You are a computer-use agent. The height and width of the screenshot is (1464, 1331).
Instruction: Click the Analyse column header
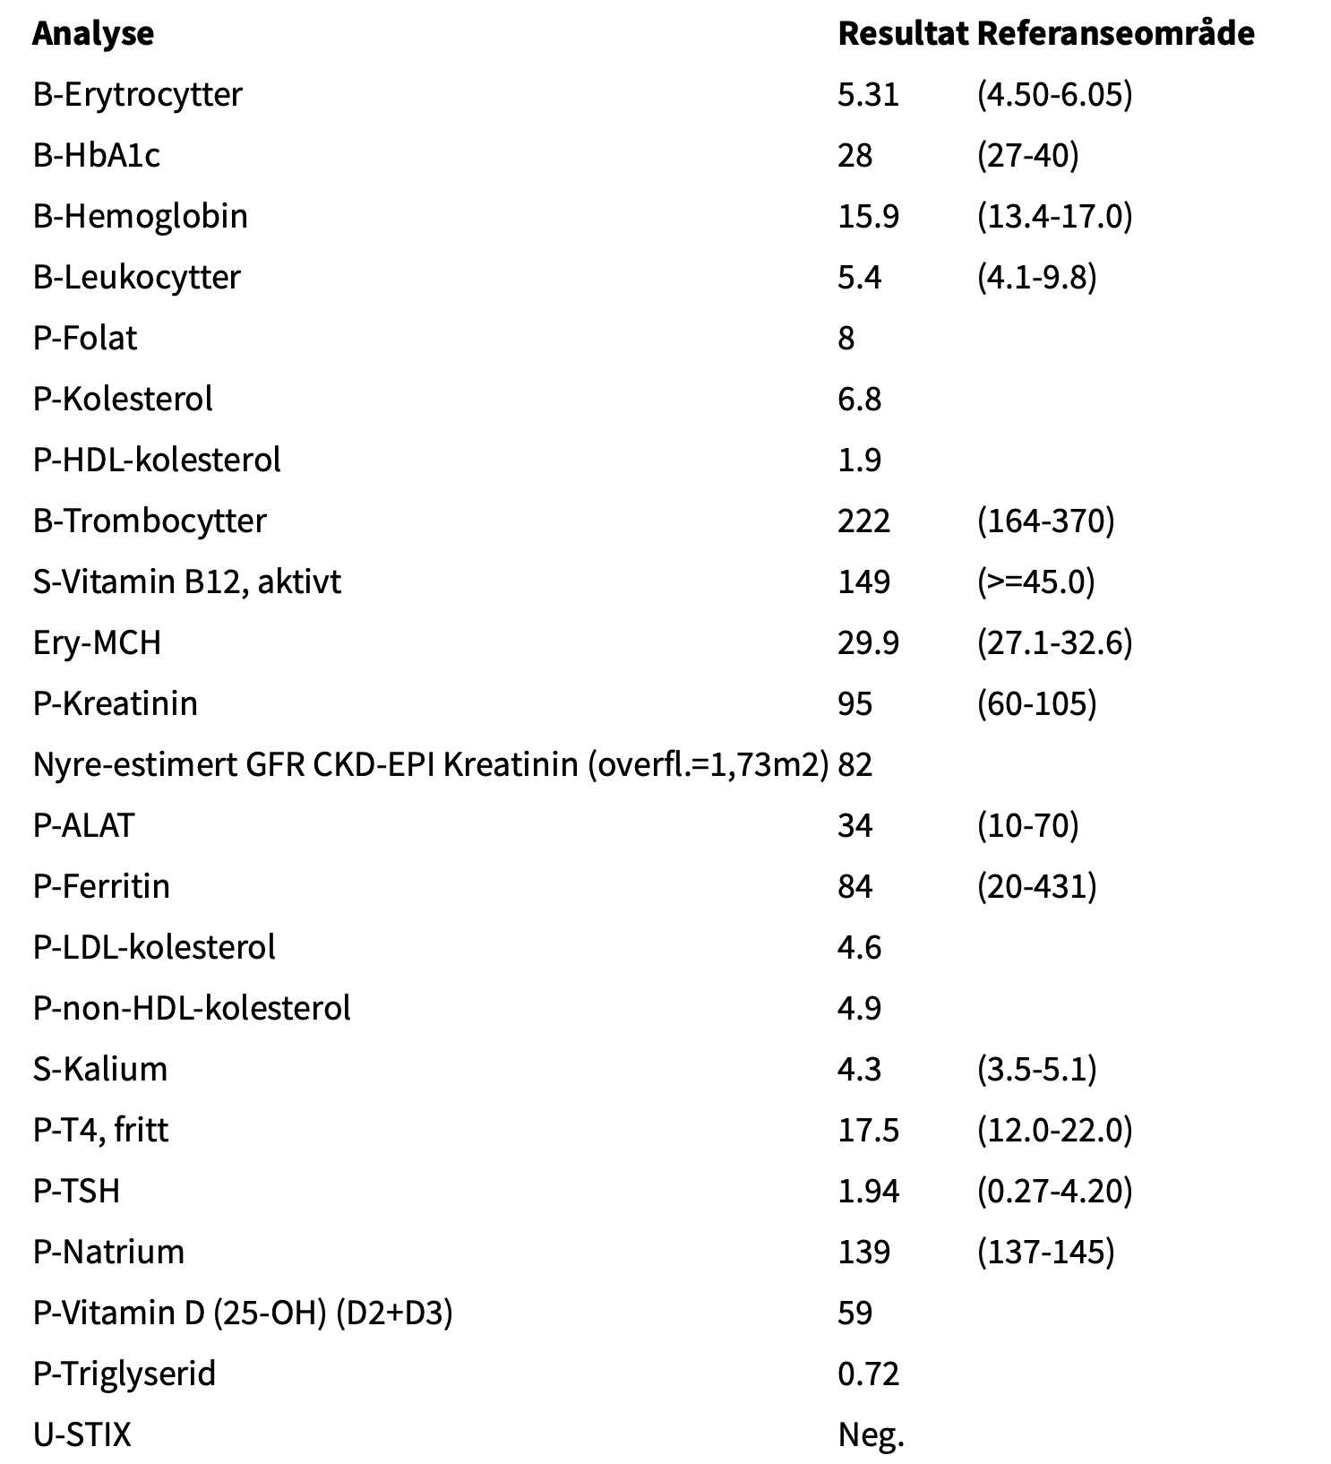(93, 34)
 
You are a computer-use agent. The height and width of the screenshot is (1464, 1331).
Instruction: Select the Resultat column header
(902, 34)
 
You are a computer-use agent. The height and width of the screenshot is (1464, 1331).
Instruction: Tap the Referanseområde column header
(1115, 34)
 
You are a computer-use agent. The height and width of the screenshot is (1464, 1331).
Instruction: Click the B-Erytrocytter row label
(137, 95)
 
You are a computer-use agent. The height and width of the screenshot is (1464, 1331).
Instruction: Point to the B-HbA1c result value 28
(854, 156)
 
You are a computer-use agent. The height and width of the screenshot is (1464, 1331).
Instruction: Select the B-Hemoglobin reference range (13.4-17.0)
(1054, 217)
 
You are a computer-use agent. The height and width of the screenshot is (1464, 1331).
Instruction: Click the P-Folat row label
(85, 339)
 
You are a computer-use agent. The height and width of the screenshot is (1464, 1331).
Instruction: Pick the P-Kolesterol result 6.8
(859, 400)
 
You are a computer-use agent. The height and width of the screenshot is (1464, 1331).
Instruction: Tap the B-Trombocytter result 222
(863, 521)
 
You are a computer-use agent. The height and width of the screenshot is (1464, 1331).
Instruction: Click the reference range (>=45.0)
(1035, 582)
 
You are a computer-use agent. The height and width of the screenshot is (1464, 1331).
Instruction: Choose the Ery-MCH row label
(97, 643)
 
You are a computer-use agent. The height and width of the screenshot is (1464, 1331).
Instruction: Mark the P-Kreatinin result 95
(854, 704)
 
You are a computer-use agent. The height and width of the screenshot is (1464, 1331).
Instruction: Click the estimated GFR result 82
(854, 765)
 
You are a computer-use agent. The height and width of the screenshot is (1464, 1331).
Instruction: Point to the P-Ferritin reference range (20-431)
(1036, 887)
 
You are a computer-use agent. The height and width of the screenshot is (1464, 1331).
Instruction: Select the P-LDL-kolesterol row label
(154, 948)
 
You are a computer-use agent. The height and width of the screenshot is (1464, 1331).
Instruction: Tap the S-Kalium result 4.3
(859, 1070)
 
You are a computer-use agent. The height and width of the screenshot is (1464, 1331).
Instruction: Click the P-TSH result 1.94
(868, 1192)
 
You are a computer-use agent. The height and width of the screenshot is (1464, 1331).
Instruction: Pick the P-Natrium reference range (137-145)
(1045, 1253)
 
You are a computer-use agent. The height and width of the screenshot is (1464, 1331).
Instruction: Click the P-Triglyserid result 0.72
(868, 1374)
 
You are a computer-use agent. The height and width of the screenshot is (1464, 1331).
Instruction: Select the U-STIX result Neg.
(871, 1435)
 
